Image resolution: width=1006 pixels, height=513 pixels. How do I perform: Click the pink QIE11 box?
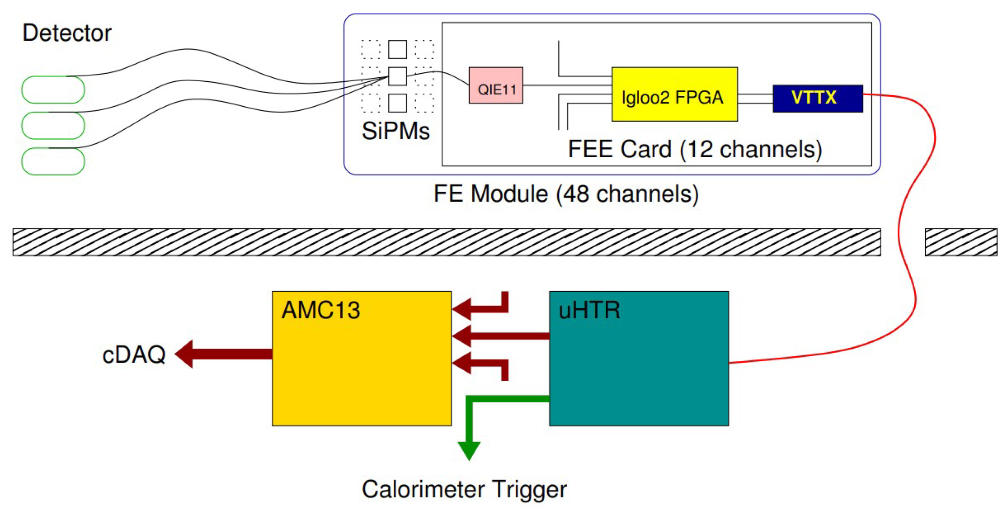tap(496, 85)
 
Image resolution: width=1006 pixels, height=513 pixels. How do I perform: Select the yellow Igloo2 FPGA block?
tap(674, 94)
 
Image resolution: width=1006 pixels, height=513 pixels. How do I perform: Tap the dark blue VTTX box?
tap(817, 98)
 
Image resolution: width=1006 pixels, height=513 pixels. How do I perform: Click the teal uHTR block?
tap(639, 358)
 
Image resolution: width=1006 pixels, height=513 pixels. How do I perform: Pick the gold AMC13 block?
tap(361, 358)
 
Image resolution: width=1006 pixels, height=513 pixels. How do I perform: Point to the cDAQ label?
tap(133, 354)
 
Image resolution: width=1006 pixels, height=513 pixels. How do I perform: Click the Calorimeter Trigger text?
tap(464, 489)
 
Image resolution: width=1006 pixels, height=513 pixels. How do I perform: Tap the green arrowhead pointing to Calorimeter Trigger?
tap(469, 450)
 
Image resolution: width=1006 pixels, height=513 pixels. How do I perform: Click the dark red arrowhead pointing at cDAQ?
tap(184, 354)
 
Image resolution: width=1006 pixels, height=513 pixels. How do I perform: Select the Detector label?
tap(67, 33)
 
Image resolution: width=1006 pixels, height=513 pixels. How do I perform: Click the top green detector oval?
tap(53, 90)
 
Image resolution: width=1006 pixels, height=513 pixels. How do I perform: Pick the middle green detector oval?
tap(53, 126)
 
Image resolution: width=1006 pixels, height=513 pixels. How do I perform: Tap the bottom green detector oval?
tap(53, 161)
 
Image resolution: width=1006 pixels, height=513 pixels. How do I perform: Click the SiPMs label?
tap(395, 131)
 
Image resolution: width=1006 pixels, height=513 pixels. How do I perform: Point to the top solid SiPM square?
tap(397, 49)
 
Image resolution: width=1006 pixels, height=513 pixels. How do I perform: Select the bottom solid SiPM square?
tap(397, 103)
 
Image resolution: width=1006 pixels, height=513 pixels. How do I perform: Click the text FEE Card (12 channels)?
tap(695, 149)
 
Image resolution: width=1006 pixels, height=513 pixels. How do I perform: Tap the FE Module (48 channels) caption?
tap(566, 194)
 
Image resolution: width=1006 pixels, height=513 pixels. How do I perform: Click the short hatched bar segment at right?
tap(961, 242)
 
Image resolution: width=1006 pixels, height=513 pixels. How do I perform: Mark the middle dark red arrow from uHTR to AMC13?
tap(500, 336)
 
